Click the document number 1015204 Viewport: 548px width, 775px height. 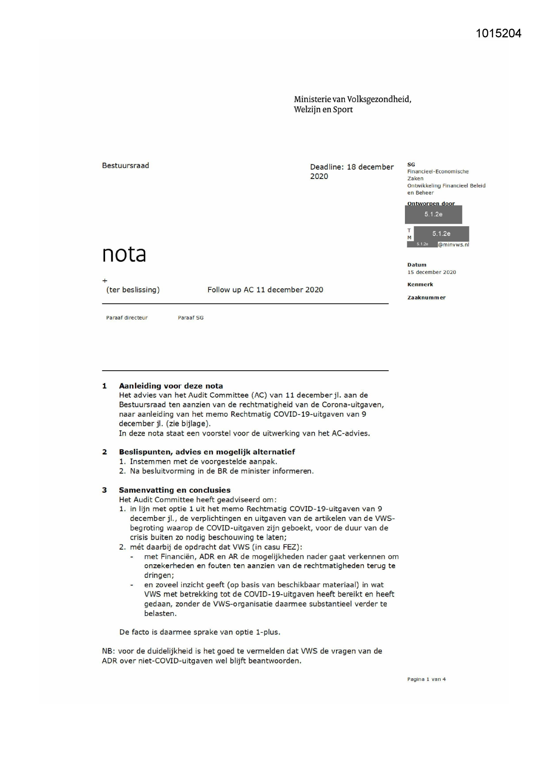click(x=499, y=34)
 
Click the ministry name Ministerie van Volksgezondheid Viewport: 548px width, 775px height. click(x=352, y=99)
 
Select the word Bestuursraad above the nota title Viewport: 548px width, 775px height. click(x=125, y=166)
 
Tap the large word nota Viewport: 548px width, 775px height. click(x=124, y=254)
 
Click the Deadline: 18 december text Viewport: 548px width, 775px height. click(x=351, y=167)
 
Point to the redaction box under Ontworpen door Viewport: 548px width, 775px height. click(x=433, y=214)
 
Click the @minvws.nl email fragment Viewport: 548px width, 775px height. click(x=454, y=244)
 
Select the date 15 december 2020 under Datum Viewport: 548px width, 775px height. click(x=431, y=272)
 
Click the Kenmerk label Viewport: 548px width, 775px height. click(x=420, y=285)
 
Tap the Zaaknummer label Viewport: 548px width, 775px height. click(x=426, y=298)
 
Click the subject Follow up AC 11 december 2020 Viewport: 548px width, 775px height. click(x=265, y=290)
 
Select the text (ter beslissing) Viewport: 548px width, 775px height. click(x=133, y=290)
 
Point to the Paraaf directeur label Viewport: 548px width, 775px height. click(x=127, y=318)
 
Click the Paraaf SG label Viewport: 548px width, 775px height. click(x=191, y=318)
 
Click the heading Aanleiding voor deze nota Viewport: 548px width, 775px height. click(x=170, y=386)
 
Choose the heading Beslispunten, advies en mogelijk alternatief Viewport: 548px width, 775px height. click(x=207, y=452)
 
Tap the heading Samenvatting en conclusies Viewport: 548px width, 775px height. click(x=174, y=490)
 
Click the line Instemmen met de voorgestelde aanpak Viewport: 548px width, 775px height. click(x=203, y=461)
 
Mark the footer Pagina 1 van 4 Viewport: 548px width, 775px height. click(x=426, y=679)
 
